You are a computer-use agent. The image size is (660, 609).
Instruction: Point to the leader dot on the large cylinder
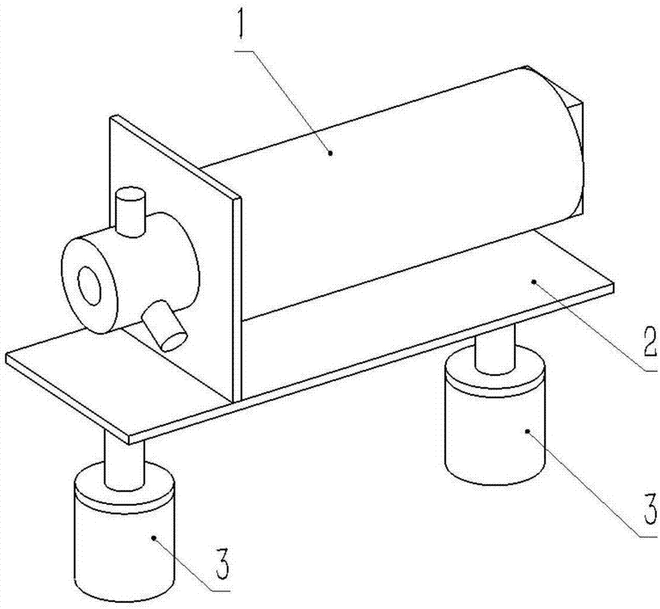click(x=331, y=153)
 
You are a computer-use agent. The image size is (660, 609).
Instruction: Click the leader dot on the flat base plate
click(x=534, y=281)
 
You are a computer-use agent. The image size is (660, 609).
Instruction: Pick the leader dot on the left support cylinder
click(x=154, y=538)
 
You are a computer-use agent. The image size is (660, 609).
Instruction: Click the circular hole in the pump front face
click(x=89, y=285)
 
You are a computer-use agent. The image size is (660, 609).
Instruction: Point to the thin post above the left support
click(x=124, y=463)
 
